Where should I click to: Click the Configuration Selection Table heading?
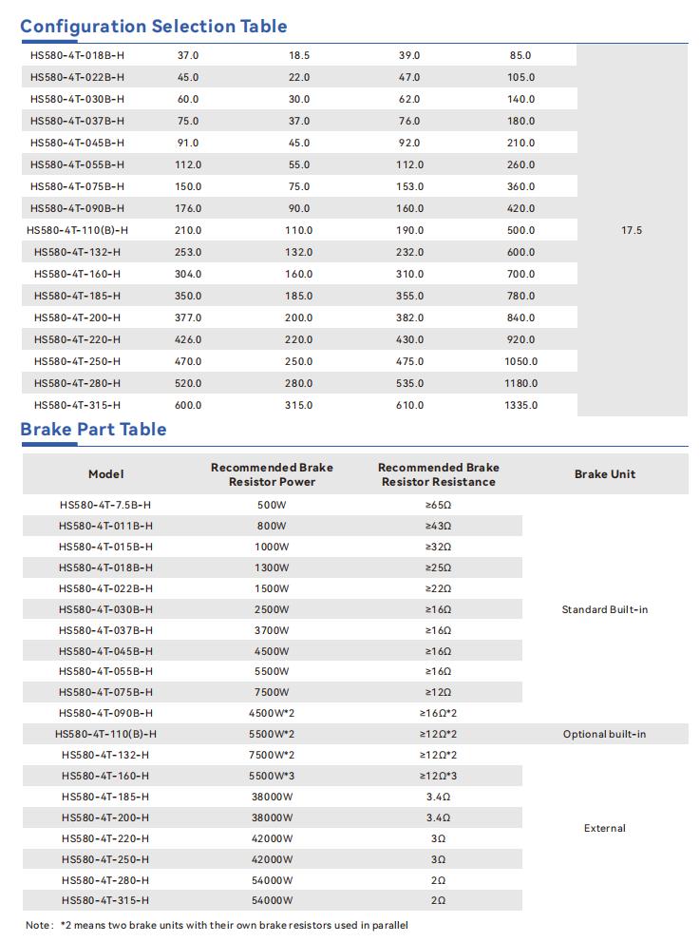154,26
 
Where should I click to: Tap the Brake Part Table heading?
93,430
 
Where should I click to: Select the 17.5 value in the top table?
632,230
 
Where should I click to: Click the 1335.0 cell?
520,405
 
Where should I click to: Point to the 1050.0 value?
520,361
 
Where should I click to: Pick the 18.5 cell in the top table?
299,56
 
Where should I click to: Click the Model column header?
105,474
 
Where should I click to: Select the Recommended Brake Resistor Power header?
272,474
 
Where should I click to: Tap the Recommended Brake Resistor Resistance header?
438,474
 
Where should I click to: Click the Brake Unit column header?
605,474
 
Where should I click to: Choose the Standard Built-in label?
605,609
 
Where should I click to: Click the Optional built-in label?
605,734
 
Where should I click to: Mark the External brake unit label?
605,828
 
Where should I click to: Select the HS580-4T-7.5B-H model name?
105,505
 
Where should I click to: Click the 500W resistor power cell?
272,505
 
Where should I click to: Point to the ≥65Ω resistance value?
438,505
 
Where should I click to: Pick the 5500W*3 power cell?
272,776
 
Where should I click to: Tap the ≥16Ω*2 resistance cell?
438,713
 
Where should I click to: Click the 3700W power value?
272,630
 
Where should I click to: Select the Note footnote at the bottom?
217,925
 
